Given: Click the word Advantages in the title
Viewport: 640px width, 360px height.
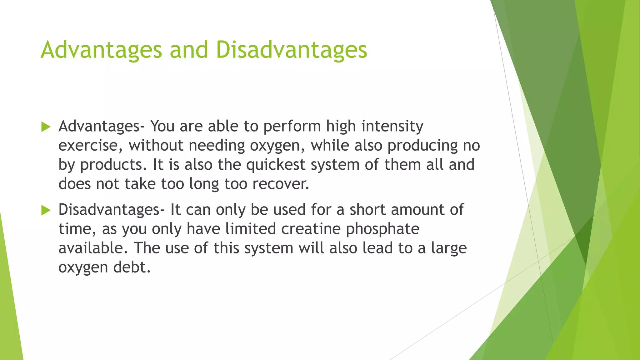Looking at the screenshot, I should pyautogui.click(x=101, y=50).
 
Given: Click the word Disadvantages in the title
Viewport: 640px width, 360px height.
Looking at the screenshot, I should pyautogui.click(x=291, y=50).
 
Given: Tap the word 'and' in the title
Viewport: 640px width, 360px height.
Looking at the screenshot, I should pyautogui.click(x=189, y=50).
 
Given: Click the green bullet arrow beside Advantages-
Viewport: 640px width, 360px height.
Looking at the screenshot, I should pyautogui.click(x=46, y=127).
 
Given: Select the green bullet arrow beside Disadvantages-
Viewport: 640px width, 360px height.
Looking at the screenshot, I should pyautogui.click(x=46, y=210).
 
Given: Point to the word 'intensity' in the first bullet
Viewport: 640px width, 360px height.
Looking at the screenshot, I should pyautogui.click(x=392, y=126).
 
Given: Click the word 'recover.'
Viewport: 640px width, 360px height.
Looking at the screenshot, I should pyautogui.click(x=281, y=184).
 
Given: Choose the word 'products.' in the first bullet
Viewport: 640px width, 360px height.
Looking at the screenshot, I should pyautogui.click(x=113, y=165).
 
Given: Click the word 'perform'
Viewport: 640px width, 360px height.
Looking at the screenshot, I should pyautogui.click(x=292, y=126).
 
